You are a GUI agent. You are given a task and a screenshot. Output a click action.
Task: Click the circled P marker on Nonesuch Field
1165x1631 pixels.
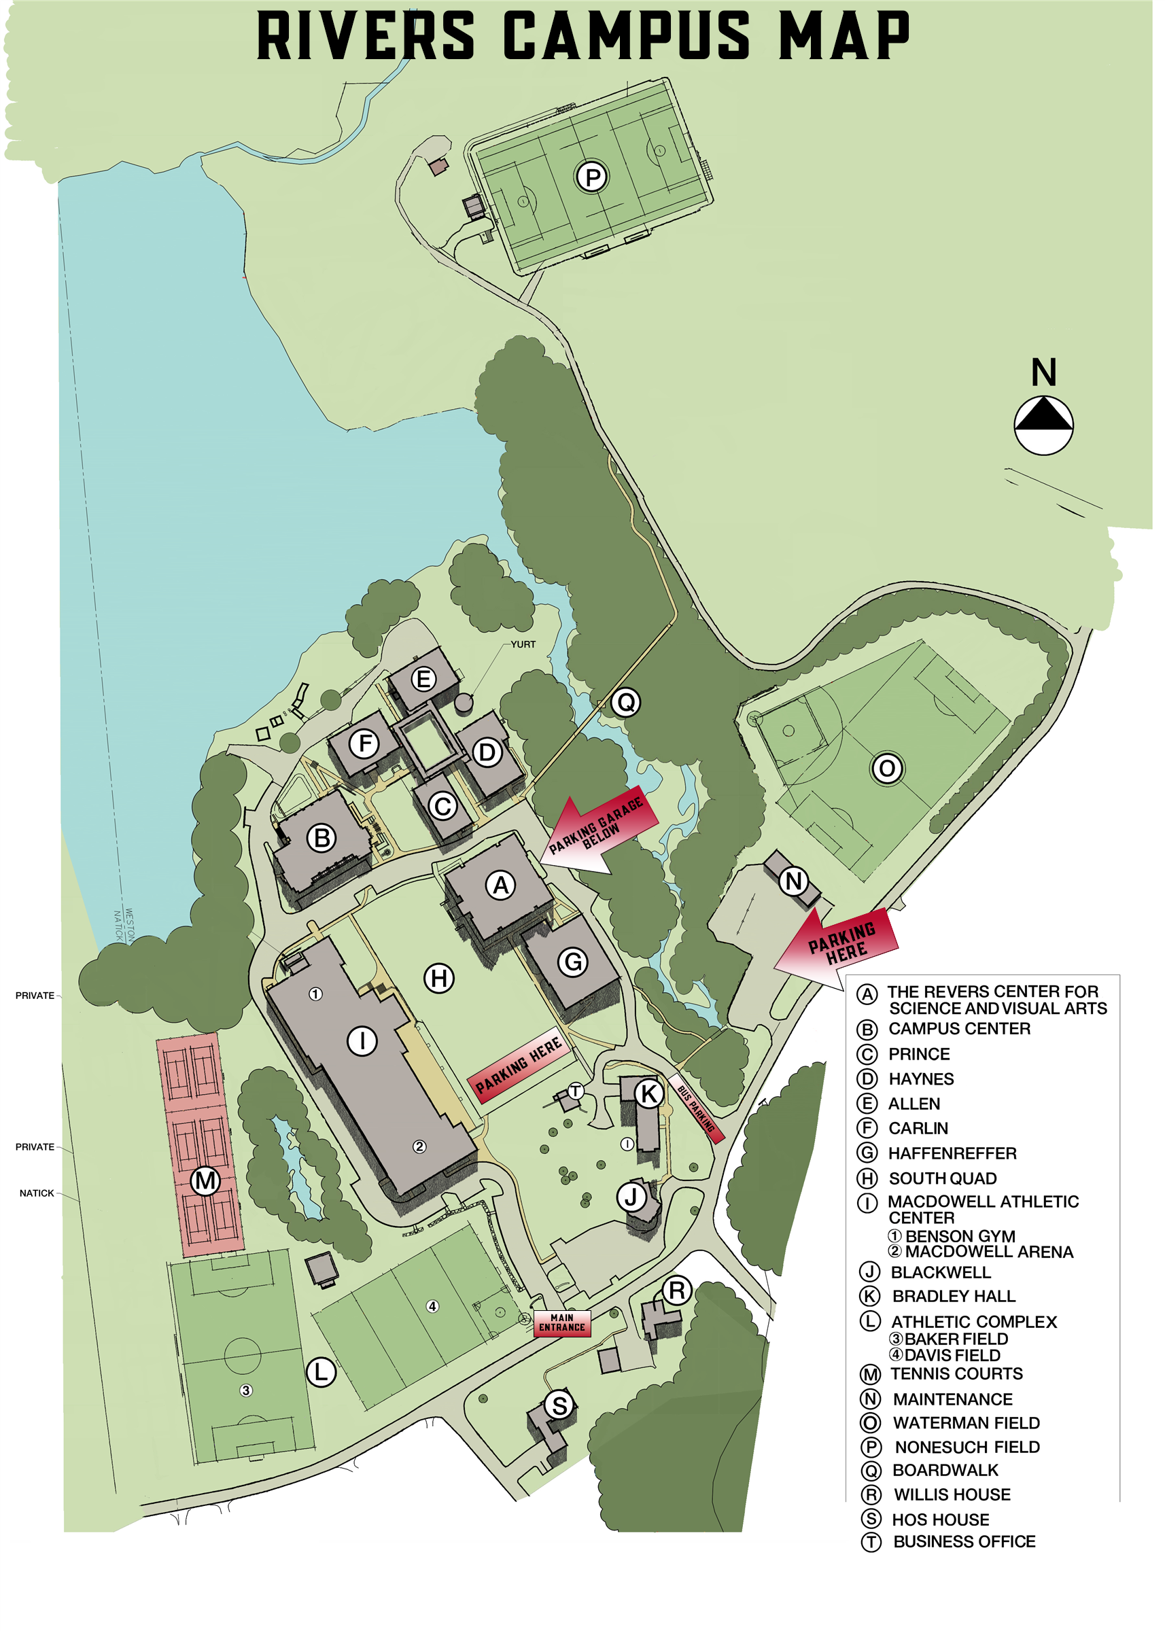pyautogui.click(x=593, y=177)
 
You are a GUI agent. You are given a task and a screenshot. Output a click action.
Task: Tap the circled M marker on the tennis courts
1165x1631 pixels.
pyautogui.click(x=205, y=1180)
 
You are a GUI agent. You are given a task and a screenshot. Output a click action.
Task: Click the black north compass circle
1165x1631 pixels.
pyautogui.click(x=1044, y=425)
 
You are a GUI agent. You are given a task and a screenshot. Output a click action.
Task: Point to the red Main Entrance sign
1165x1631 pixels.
pyautogui.click(x=562, y=1322)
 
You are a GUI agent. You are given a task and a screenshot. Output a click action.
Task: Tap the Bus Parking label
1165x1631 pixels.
pyautogui.click(x=696, y=1109)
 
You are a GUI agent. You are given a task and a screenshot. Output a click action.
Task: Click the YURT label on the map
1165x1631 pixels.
pyautogui.click(x=523, y=644)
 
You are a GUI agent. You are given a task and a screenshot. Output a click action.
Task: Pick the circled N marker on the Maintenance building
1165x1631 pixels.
pyautogui.click(x=793, y=881)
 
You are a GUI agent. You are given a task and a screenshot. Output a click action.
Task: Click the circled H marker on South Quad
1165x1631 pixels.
pyautogui.click(x=439, y=978)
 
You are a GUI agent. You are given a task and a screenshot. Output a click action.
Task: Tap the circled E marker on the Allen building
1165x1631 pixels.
pyautogui.click(x=423, y=678)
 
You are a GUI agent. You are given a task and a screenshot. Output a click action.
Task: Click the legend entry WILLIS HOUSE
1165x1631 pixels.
pyautogui.click(x=952, y=1494)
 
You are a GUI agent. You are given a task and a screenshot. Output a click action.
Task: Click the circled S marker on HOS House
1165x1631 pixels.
pyautogui.click(x=559, y=1405)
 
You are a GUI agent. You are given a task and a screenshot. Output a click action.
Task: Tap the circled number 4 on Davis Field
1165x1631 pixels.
pyautogui.click(x=432, y=1306)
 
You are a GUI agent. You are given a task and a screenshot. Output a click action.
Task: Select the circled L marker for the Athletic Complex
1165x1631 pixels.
pyautogui.click(x=321, y=1371)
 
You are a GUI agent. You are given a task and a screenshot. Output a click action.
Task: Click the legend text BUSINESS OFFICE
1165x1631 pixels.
pyautogui.click(x=964, y=1541)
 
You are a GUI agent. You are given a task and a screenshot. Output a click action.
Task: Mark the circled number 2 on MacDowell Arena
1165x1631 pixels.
pyautogui.click(x=419, y=1146)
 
